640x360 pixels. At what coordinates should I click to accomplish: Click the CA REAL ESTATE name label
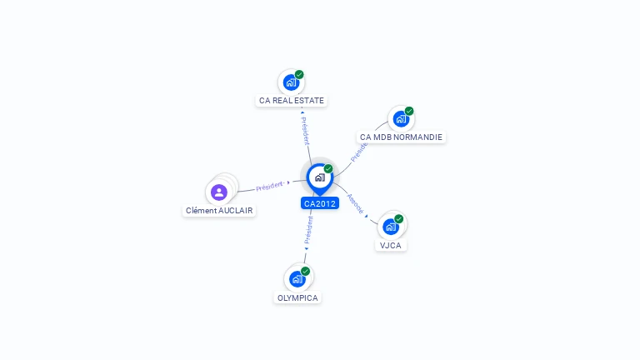point(292,101)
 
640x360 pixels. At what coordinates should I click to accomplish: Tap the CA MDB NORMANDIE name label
point(401,137)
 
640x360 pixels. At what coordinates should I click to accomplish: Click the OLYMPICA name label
point(297,297)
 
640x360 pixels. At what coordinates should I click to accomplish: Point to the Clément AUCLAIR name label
point(219,211)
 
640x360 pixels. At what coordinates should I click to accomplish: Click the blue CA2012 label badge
point(320,203)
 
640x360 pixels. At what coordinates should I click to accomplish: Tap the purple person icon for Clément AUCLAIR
point(219,192)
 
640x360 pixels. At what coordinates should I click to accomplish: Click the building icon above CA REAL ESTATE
point(291,82)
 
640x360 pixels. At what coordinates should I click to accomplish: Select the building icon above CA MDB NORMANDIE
point(401,119)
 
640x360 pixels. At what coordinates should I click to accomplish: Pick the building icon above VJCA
point(391,227)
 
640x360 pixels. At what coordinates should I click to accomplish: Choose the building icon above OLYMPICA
point(297,279)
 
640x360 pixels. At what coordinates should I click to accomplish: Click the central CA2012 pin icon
point(319,177)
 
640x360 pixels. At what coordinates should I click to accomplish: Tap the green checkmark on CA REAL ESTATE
point(299,75)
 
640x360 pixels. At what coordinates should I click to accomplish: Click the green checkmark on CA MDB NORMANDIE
point(409,111)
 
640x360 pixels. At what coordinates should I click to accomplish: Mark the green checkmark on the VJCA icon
point(399,219)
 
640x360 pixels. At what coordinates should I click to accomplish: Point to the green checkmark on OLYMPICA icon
point(306,271)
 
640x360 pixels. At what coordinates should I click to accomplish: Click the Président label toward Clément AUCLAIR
point(270,186)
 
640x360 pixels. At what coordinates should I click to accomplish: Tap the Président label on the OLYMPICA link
point(308,230)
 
